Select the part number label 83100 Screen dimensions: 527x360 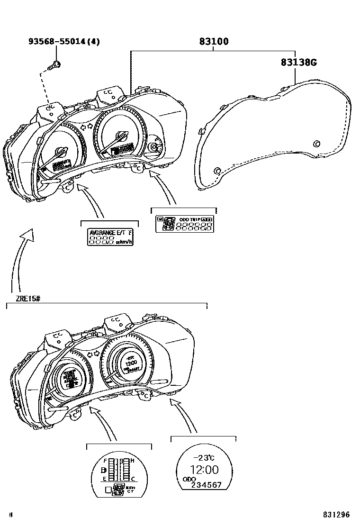[213, 42]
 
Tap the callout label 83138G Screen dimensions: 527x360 [298, 62]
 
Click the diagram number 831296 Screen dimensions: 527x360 [336, 515]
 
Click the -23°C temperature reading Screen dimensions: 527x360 [204, 457]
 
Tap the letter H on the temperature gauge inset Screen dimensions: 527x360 [133, 460]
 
